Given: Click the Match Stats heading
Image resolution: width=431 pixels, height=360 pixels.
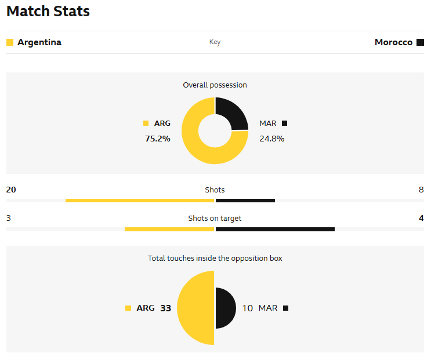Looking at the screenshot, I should tap(48, 11).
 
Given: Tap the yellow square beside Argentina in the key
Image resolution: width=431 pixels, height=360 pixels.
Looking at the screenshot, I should tap(10, 42).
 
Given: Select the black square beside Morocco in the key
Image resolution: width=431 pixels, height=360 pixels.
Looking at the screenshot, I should tap(420, 42).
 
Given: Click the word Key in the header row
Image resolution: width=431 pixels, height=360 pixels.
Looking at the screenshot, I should tap(215, 42).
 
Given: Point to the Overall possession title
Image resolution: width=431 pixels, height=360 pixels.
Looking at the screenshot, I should tap(215, 85).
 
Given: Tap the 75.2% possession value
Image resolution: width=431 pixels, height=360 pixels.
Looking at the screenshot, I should tap(157, 139).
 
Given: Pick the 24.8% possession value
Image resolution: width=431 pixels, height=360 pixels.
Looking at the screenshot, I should tap(271, 139).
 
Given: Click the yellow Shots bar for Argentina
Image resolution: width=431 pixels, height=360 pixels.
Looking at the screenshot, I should tap(140, 201).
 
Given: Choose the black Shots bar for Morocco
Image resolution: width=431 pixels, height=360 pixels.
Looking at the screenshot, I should tap(245, 201).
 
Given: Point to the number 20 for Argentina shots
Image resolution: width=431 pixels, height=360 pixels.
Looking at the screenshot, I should tap(11, 190).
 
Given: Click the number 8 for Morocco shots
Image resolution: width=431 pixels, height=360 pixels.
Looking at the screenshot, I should tap(421, 190).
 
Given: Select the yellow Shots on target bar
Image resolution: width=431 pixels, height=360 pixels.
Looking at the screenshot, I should tap(169, 229).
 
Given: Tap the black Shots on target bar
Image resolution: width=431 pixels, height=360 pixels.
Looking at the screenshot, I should tap(275, 229).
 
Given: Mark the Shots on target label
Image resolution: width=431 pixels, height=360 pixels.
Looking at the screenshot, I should tap(215, 219).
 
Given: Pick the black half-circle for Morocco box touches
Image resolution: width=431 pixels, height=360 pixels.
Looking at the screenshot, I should tap(225, 308).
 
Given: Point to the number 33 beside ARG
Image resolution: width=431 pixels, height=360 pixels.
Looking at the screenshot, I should tap(165, 308).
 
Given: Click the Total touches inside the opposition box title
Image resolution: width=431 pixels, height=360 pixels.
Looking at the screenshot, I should tap(215, 258).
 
